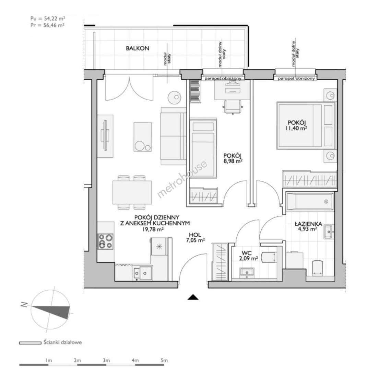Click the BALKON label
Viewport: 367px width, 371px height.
coord(137,48)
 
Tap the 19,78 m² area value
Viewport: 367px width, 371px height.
coord(153,229)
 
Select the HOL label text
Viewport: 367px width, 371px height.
coord(195,235)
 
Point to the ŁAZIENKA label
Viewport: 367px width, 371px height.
coord(308,224)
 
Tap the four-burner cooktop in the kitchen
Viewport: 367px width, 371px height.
coord(106,241)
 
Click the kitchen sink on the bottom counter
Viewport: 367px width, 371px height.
coord(142,273)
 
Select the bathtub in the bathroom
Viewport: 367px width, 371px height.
coord(310,202)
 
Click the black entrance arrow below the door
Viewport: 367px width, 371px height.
coord(193,297)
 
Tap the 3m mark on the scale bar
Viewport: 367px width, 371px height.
coord(106,360)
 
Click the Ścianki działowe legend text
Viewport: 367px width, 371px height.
coord(63,342)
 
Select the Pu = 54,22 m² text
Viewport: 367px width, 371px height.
coord(48,19)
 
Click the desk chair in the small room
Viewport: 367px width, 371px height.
coord(233,107)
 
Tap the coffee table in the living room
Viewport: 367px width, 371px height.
coord(142,137)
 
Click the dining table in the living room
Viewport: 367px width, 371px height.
coord(132,192)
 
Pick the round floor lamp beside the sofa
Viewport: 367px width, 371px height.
coord(174,97)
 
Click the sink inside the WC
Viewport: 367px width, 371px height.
coord(247,272)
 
